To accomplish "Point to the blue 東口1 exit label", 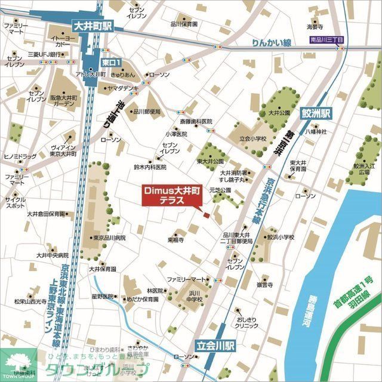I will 111,62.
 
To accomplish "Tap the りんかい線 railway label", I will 271,42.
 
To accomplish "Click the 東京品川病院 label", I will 109,238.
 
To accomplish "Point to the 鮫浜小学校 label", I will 281,237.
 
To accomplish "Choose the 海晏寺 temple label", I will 315,26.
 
